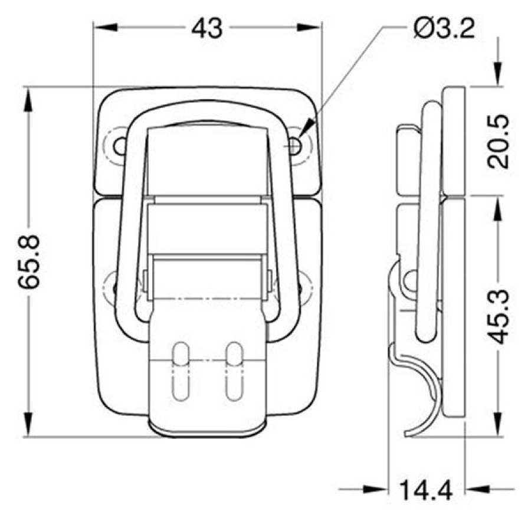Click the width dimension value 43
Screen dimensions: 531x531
click(x=207, y=28)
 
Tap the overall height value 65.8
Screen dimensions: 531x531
click(x=29, y=261)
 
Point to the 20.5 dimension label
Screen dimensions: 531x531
click(x=499, y=142)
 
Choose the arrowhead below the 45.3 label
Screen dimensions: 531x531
click(x=499, y=425)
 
